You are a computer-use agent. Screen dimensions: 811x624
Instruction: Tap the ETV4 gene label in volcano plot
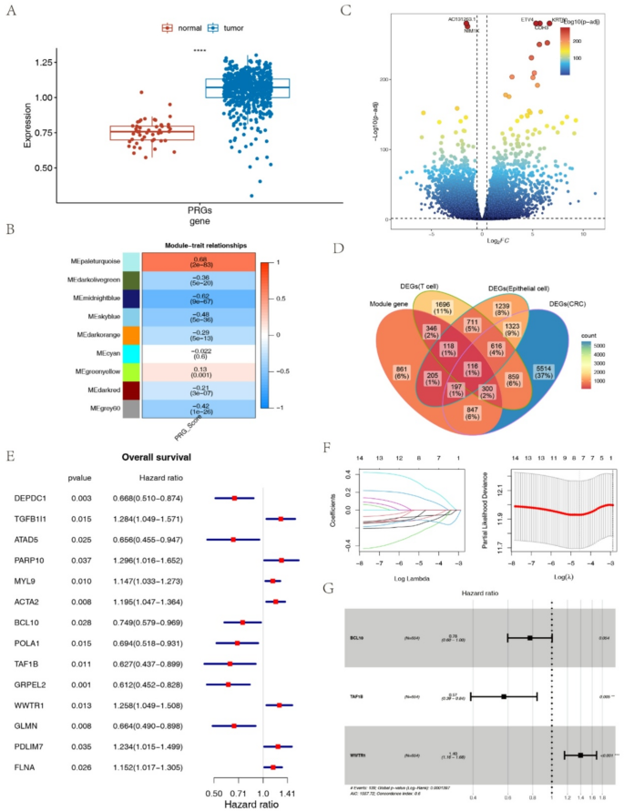coord(527,19)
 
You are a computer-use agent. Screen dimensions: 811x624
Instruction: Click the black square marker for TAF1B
coord(504,696)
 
